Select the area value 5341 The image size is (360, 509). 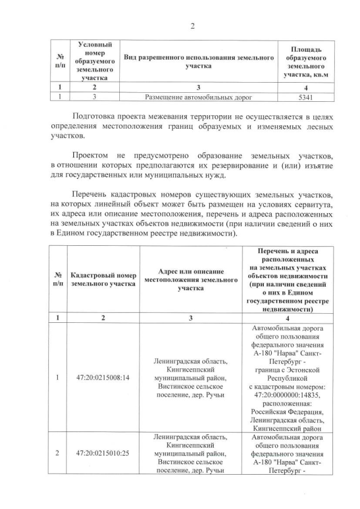305,97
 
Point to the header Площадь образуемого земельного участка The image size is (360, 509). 305,62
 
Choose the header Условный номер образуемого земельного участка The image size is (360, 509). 95,62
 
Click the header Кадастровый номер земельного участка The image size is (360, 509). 103,280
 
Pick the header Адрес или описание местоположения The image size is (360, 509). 190,280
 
